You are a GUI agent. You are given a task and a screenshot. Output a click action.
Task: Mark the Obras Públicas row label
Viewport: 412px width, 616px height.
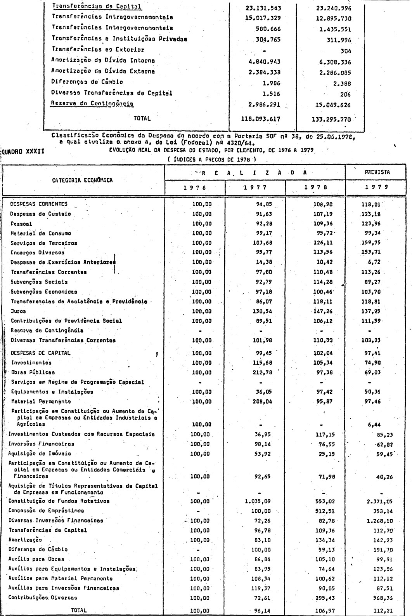click(33, 372)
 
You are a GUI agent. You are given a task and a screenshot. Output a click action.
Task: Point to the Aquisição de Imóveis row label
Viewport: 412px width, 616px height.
click(40, 453)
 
